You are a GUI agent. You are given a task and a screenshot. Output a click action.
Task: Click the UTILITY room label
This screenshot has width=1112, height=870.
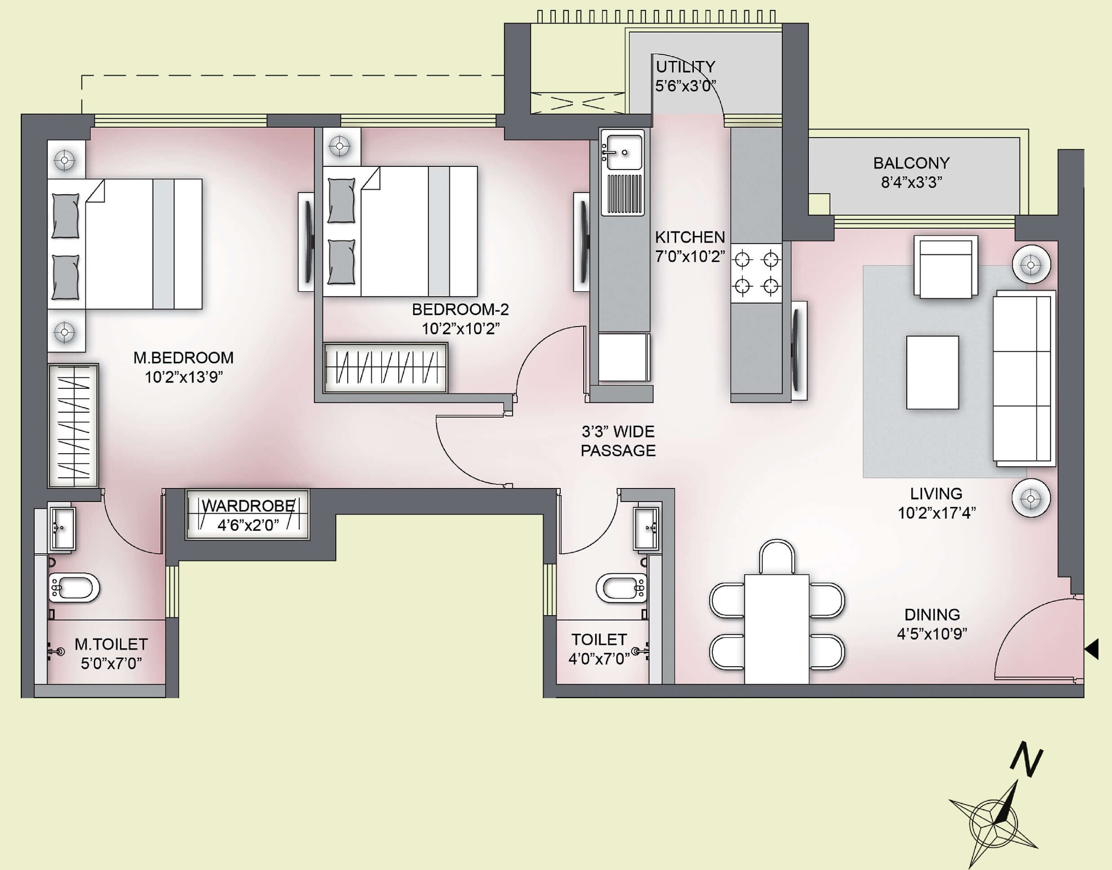pyautogui.click(x=685, y=67)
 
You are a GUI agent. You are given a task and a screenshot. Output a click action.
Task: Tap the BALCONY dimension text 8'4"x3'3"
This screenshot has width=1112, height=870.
pyautogui.click(x=911, y=182)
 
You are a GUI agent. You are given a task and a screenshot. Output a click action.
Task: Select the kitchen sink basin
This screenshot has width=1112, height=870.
pyautogui.click(x=623, y=151)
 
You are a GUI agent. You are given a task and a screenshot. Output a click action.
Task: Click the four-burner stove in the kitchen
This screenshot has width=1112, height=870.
pyautogui.click(x=757, y=273)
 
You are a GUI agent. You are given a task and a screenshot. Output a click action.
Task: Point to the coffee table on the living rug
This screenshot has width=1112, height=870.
pyautogui.click(x=932, y=373)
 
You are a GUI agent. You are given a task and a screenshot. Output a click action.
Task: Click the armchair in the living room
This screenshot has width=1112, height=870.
pyautogui.click(x=946, y=267)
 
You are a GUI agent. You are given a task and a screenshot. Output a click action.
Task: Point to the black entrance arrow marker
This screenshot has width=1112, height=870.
pyautogui.click(x=1092, y=650)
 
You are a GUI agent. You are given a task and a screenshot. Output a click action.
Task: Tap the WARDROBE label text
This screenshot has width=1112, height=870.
pyautogui.click(x=248, y=506)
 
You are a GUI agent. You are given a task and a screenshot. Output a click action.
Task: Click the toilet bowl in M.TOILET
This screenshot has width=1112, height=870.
pyautogui.click(x=74, y=587)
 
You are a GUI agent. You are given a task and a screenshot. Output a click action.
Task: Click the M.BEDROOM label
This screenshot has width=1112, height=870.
pyautogui.click(x=184, y=358)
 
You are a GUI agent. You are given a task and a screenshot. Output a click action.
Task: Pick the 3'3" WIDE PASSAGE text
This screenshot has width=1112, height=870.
pyautogui.click(x=618, y=441)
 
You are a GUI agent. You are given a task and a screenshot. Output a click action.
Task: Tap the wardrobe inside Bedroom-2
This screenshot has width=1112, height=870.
pyautogui.click(x=386, y=368)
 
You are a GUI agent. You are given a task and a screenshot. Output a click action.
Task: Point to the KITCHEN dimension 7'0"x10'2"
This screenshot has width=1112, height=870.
pyautogui.click(x=690, y=257)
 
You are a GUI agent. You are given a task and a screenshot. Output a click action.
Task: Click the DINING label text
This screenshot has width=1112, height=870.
pyautogui.click(x=932, y=615)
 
